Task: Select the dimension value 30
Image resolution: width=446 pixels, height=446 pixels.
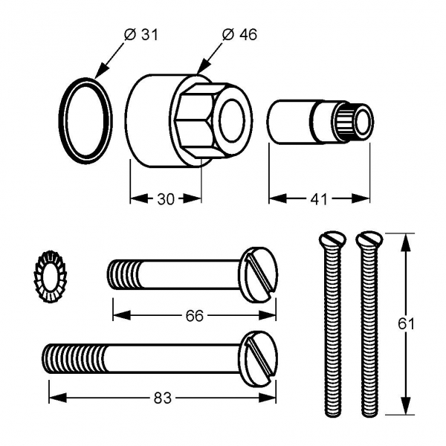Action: click(x=166, y=198)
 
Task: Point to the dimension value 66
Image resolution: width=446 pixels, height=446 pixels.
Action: click(x=194, y=316)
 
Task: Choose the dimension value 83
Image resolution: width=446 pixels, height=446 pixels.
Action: click(x=162, y=398)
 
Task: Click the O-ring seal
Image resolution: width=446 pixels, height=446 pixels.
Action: click(x=85, y=120)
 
